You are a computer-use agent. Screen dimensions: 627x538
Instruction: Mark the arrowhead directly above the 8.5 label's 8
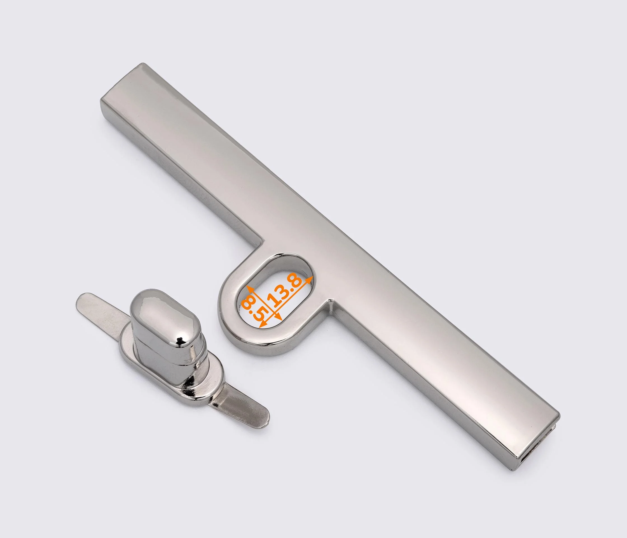[250, 289]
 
